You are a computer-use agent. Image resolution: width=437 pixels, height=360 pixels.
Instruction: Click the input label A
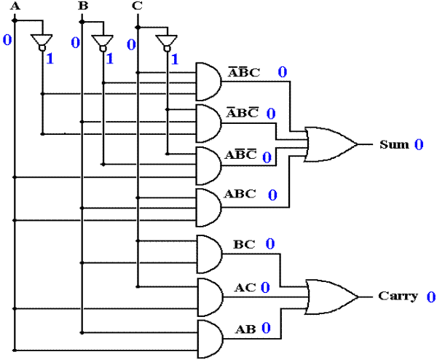pyautogui.click(x=15, y=6)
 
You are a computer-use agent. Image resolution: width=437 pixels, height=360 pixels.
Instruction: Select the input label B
pyautogui.click(x=83, y=6)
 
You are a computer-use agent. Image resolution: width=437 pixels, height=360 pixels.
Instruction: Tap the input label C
pyautogui.click(x=137, y=6)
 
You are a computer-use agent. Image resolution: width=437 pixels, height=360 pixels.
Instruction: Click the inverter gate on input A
pyautogui.click(x=42, y=42)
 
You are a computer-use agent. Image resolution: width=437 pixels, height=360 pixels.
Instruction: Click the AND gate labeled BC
pyautogui.click(x=210, y=254)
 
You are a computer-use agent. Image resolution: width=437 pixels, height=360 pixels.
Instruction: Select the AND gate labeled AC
pyautogui.click(x=210, y=297)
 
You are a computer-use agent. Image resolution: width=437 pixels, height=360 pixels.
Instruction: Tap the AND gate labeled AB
pyautogui.click(x=210, y=339)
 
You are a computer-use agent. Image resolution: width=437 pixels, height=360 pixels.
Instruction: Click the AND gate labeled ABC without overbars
pyautogui.click(x=209, y=208)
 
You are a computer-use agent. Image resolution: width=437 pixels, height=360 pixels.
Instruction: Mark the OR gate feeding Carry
pyautogui.click(x=331, y=297)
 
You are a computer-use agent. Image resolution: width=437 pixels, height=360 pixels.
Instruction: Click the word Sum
pyautogui.click(x=394, y=144)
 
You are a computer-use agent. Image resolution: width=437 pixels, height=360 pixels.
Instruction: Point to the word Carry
pyautogui.click(x=398, y=297)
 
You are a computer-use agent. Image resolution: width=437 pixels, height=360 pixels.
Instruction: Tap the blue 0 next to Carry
pyautogui.click(x=431, y=297)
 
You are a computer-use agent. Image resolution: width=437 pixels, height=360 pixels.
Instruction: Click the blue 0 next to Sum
pyautogui.click(x=419, y=144)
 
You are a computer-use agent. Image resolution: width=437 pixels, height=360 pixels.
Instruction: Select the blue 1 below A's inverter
pyautogui.click(x=50, y=59)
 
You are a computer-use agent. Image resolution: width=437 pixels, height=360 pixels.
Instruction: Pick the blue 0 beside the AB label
pyautogui.click(x=266, y=328)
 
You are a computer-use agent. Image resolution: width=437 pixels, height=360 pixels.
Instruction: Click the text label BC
pyautogui.click(x=244, y=245)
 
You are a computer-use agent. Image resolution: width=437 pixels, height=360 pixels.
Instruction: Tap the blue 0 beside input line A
pyautogui.click(x=7, y=40)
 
